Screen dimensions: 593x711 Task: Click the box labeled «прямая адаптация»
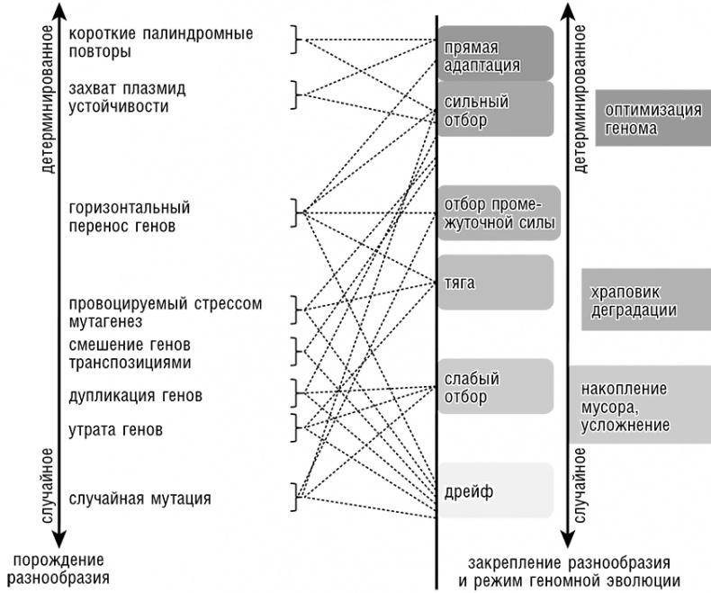coord(494,53)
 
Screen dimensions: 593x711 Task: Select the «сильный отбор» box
coord(494,110)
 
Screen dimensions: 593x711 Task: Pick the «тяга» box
coord(494,283)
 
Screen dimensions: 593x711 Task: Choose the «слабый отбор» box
coord(494,387)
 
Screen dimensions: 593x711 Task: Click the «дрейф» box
coord(494,490)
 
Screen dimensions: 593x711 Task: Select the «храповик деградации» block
coord(645,300)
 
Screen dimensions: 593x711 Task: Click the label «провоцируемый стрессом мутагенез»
coord(165,311)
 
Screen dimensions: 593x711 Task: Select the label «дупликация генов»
coord(135,396)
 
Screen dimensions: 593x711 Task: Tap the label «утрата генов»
coord(115,430)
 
